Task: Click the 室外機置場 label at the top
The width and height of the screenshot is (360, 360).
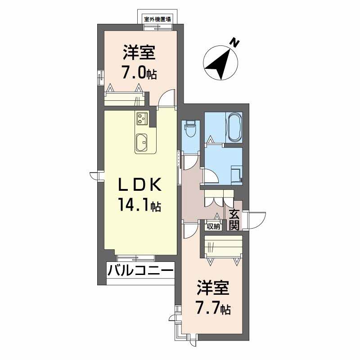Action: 157,19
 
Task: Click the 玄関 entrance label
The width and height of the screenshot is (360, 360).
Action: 234,219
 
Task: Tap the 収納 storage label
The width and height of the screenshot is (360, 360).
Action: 213,226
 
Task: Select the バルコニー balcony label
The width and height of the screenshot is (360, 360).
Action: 140,271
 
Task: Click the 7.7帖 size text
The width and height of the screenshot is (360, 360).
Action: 213,308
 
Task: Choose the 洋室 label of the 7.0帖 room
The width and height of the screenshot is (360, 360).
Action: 139,53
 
